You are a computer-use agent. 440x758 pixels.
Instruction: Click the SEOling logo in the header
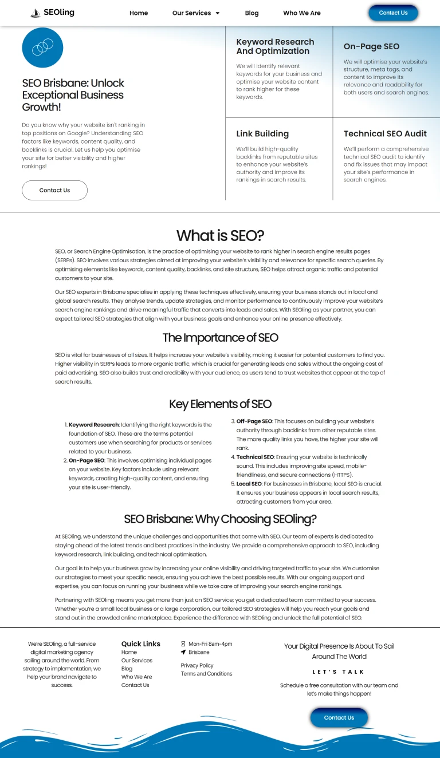click(x=52, y=13)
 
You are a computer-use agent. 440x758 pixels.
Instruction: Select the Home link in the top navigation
click(x=139, y=13)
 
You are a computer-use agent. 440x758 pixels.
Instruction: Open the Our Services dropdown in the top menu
click(x=196, y=13)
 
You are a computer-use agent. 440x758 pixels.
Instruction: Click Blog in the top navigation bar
click(x=252, y=13)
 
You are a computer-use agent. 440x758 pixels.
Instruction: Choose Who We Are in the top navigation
click(x=302, y=13)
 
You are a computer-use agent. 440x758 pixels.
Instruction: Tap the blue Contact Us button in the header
click(x=393, y=13)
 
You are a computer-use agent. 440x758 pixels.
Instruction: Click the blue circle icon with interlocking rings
click(x=42, y=47)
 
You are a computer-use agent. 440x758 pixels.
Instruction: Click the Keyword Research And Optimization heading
click(x=275, y=46)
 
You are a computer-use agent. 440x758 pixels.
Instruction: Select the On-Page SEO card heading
click(x=371, y=46)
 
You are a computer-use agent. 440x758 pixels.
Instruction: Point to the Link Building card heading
click(x=262, y=133)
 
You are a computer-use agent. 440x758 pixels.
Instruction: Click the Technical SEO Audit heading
click(x=385, y=133)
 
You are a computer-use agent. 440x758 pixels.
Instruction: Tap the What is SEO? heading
click(x=220, y=235)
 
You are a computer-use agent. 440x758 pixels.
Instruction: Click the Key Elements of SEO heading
click(x=220, y=404)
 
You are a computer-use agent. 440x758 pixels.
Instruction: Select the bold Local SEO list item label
click(x=249, y=484)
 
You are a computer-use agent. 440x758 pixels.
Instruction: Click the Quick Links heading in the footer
click(x=141, y=643)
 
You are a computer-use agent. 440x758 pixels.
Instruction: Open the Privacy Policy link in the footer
click(x=197, y=665)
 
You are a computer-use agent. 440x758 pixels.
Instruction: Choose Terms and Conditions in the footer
click(x=206, y=674)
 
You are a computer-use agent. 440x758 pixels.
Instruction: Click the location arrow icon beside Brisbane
click(x=183, y=652)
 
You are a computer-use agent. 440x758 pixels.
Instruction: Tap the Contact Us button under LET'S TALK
click(x=339, y=717)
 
